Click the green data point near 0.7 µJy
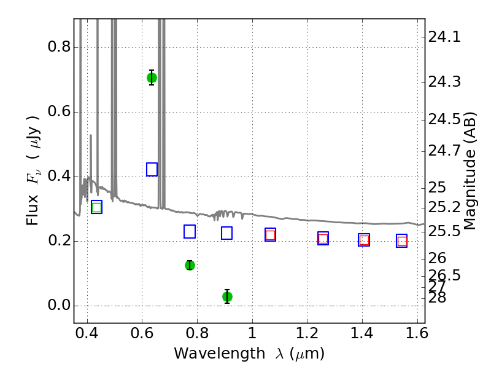click(x=152, y=77)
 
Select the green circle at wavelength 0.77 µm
click(x=190, y=265)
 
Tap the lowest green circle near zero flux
click(x=227, y=296)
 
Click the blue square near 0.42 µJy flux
click(x=152, y=170)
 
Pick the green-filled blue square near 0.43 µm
click(x=97, y=207)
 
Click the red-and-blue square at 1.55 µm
click(x=402, y=241)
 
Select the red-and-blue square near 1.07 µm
click(x=270, y=235)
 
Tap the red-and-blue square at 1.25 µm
click(x=323, y=239)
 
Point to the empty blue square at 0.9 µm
click(x=226, y=233)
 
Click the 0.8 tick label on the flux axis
click(x=59, y=47)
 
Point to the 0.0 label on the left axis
click(x=59, y=305)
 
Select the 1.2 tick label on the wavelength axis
click(x=307, y=333)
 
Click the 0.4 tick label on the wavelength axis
click(x=87, y=333)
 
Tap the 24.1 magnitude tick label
click(x=444, y=38)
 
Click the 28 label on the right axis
click(x=437, y=298)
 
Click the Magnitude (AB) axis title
click(x=470, y=171)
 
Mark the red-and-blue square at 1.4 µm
click(x=364, y=240)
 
